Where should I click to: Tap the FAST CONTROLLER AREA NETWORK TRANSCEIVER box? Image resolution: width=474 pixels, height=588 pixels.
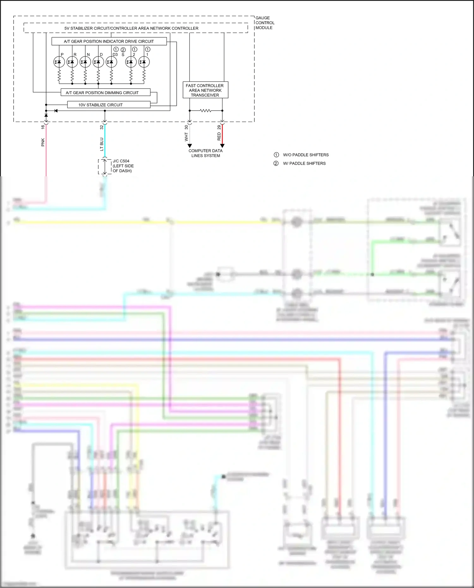[205, 90]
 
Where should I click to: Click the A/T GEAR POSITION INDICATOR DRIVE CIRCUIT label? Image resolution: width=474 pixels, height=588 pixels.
[109, 41]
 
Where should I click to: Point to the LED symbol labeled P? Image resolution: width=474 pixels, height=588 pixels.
[59, 62]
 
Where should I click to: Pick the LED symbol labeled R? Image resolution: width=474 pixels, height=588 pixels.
[72, 62]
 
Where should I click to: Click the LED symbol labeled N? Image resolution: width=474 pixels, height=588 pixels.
[85, 62]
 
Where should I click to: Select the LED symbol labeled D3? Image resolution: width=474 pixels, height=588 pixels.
[111, 62]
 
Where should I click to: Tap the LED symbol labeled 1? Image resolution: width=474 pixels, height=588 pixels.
[144, 62]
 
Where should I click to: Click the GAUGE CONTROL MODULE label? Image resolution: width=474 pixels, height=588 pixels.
[265, 23]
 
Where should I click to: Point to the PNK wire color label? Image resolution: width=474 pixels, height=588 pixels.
[43, 142]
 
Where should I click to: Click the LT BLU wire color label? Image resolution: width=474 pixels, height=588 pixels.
[102, 144]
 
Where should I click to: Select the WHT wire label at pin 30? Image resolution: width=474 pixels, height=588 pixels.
[186, 137]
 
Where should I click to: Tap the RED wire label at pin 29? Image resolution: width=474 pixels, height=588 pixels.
[219, 136]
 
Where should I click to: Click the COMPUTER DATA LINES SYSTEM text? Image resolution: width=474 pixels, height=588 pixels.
[205, 153]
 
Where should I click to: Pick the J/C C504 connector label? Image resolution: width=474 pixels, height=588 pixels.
[123, 166]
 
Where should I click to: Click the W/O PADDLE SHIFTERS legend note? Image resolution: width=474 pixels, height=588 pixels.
[305, 155]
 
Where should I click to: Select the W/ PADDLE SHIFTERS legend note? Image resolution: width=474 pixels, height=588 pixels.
[304, 163]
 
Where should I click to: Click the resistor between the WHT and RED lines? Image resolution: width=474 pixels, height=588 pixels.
[206, 111]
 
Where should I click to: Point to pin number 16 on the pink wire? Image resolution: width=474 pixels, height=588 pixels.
[43, 127]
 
